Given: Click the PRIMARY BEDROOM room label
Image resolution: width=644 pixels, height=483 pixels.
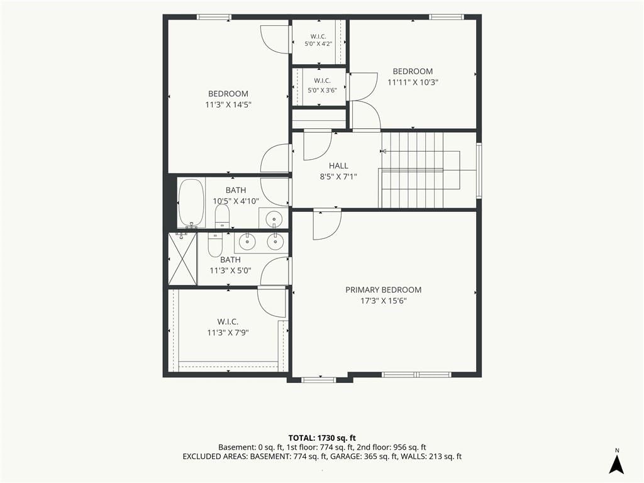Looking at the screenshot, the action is click(x=383, y=290).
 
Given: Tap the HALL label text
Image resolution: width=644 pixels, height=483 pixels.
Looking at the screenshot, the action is click(x=338, y=166).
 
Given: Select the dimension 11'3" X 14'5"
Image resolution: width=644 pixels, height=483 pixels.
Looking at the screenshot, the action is click(x=228, y=105).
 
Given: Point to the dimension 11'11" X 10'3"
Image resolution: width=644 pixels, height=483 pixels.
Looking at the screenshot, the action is click(x=413, y=82).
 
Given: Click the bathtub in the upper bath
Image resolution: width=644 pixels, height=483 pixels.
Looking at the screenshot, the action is click(x=191, y=203).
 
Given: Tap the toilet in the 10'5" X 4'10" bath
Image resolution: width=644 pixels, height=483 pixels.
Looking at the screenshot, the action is click(x=222, y=216).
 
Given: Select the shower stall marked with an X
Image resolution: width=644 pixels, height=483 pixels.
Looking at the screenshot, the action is click(x=183, y=258).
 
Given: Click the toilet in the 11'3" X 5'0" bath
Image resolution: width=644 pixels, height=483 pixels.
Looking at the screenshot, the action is click(x=215, y=245).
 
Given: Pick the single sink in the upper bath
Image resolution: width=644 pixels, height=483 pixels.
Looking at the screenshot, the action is click(x=274, y=218).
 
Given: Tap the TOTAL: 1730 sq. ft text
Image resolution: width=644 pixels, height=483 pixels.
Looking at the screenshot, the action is click(x=322, y=438).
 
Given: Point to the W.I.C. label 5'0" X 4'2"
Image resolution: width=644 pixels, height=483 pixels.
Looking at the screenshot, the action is click(x=318, y=40).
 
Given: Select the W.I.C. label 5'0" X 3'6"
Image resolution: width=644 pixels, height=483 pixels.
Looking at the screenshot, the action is click(x=323, y=86).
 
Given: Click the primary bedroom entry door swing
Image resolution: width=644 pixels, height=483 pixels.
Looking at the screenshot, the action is click(x=327, y=225).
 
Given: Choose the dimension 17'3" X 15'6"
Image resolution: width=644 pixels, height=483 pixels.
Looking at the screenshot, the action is click(x=384, y=301).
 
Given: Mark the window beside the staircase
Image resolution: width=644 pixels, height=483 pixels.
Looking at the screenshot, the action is click(x=479, y=170).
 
